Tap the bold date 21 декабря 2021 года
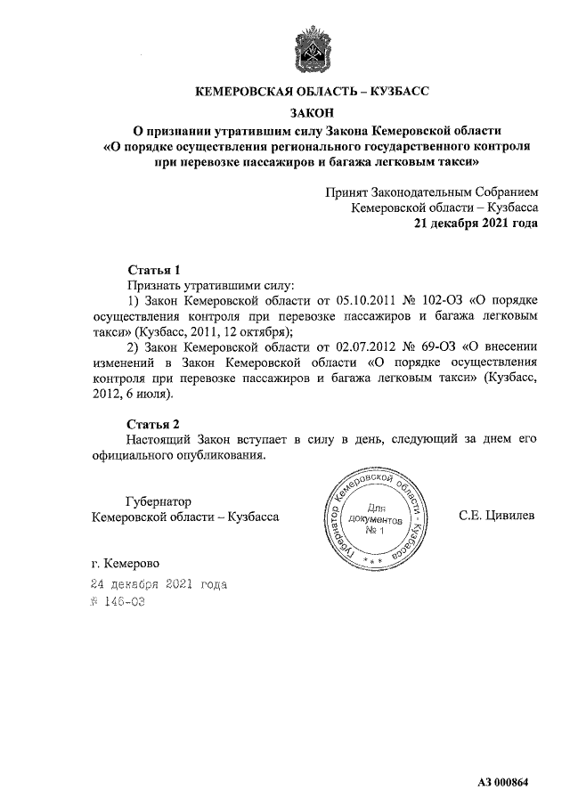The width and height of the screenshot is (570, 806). (475, 224)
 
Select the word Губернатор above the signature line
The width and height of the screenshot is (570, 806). (159, 501)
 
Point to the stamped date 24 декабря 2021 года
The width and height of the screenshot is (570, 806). (159, 584)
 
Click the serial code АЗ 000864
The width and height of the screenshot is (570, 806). (502, 782)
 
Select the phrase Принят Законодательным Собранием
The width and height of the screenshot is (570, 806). (431, 191)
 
